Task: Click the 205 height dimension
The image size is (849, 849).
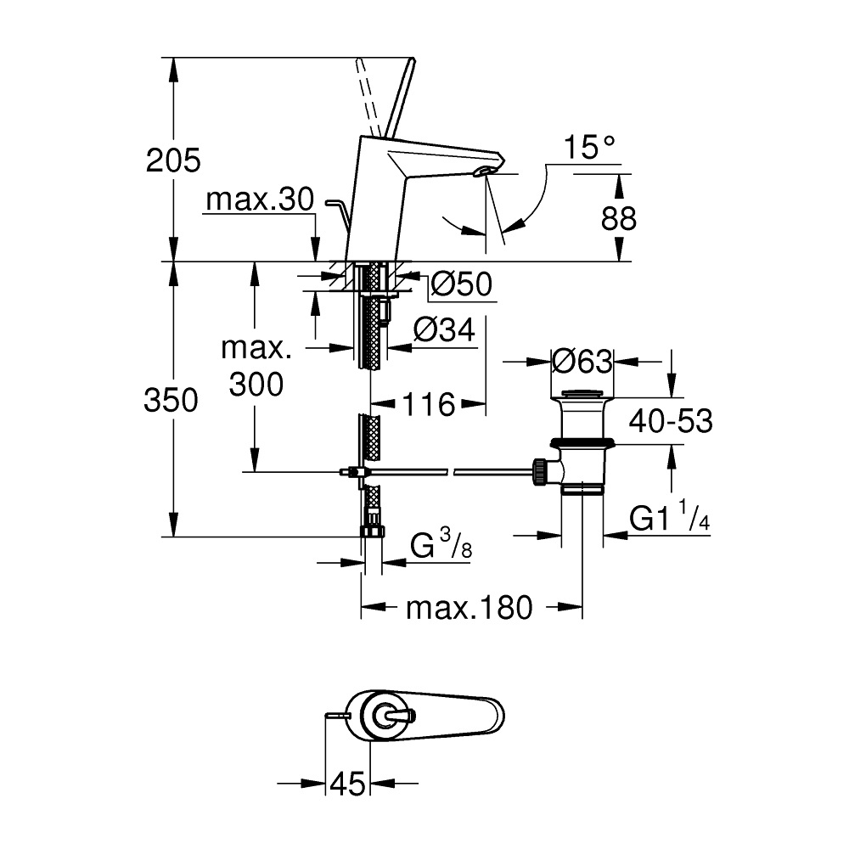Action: tap(173, 160)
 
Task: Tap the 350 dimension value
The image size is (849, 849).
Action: tap(171, 402)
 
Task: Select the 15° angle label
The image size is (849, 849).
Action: tap(590, 146)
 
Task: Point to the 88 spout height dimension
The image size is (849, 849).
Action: tap(618, 219)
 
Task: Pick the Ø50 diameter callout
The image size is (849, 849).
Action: tap(462, 284)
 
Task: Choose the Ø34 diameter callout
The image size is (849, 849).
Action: tap(445, 329)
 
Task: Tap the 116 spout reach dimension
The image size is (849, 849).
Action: tap(428, 404)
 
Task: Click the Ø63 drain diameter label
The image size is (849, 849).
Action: tap(582, 361)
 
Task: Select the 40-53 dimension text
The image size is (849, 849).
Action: tap(671, 420)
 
